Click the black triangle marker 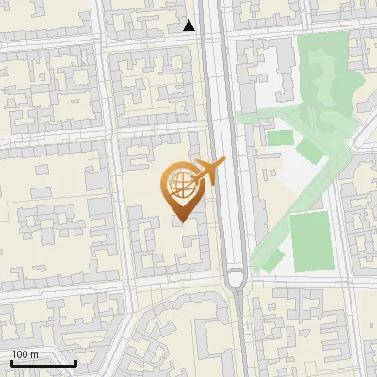(189, 25)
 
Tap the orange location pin (180, 193)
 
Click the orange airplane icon (208, 172)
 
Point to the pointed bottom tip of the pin (180, 222)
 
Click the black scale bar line (43, 364)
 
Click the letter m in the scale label (34, 354)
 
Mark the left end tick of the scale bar (11, 362)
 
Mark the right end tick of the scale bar (75, 362)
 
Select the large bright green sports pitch (312, 241)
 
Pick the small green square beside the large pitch (280, 139)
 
